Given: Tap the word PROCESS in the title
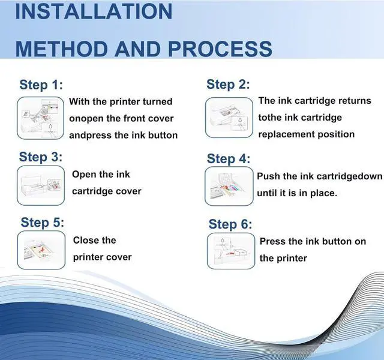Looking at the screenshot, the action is click(220, 49).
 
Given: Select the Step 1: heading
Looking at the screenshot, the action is click(41, 85).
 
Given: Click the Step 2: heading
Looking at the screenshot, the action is click(228, 84).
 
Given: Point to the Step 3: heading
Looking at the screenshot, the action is click(41, 157).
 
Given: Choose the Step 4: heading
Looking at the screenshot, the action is click(229, 158).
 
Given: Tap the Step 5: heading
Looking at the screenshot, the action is click(43, 223).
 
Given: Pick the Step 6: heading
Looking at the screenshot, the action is click(230, 224).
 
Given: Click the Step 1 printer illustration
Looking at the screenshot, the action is click(40, 118).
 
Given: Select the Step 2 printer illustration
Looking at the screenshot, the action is click(229, 118).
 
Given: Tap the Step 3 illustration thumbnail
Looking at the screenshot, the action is click(41, 185).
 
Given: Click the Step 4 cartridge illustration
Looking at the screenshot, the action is click(229, 187).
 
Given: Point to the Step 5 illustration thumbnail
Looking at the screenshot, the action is click(41, 250).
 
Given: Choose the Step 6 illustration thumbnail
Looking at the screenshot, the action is click(231, 251).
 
